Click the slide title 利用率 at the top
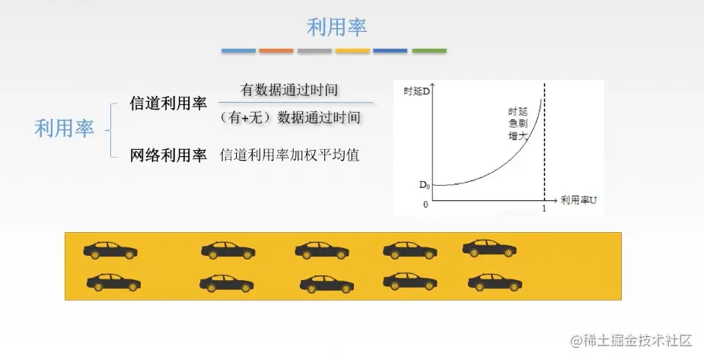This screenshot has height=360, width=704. click(336, 27)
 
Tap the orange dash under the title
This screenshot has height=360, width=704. click(276, 51)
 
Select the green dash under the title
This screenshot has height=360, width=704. click(429, 51)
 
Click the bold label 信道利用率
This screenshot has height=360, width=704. click(168, 104)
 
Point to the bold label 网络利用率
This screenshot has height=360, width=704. click(168, 155)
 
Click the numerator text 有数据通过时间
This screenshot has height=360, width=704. click(289, 90)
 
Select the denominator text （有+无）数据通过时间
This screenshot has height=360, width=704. click(290, 117)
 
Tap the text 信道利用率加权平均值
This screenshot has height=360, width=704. click(289, 155)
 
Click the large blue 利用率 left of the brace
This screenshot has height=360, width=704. click(64, 129)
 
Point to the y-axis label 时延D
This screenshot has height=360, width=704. click(417, 91)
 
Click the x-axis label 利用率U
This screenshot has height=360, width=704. click(578, 200)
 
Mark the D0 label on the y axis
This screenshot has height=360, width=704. click(424, 185)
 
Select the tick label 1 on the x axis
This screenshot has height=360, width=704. click(543, 208)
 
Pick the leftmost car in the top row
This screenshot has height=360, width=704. click(110, 249)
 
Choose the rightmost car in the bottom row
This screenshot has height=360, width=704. click(495, 282)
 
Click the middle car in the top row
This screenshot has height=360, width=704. click(321, 250)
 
